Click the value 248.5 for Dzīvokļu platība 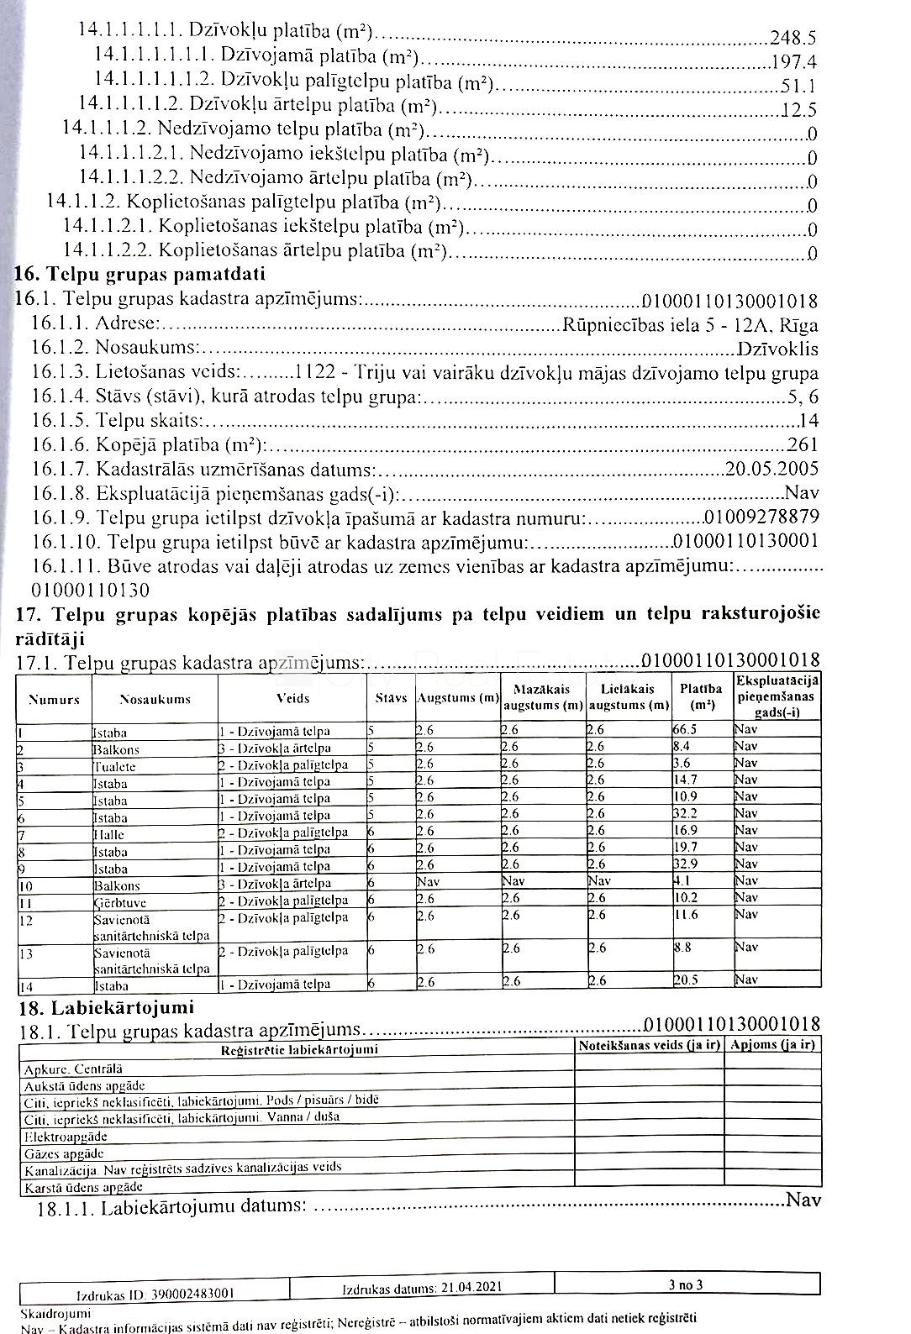tap(793, 37)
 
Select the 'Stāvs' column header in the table tap(391, 698)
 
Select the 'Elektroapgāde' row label tap(66, 1137)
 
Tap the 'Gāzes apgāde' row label tap(65, 1153)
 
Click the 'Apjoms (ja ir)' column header tap(773, 1045)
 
